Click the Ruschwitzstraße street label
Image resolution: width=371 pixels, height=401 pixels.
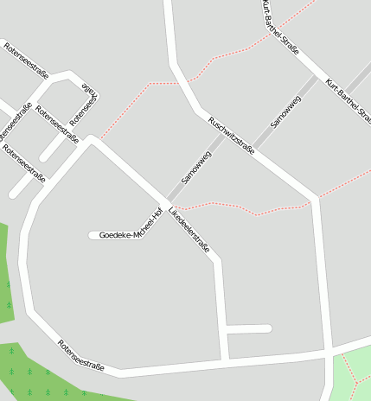[232, 136]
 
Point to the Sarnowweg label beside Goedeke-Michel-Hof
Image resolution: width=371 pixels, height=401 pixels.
[196, 168]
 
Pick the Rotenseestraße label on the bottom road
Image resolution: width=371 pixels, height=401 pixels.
[80, 355]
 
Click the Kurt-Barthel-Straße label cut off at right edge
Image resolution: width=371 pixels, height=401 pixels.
[349, 101]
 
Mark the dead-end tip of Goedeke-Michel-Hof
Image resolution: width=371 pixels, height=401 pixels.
[93, 235]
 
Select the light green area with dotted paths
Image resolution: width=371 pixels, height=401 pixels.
[353, 373]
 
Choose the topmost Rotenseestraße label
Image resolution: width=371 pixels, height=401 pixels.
[26, 60]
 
